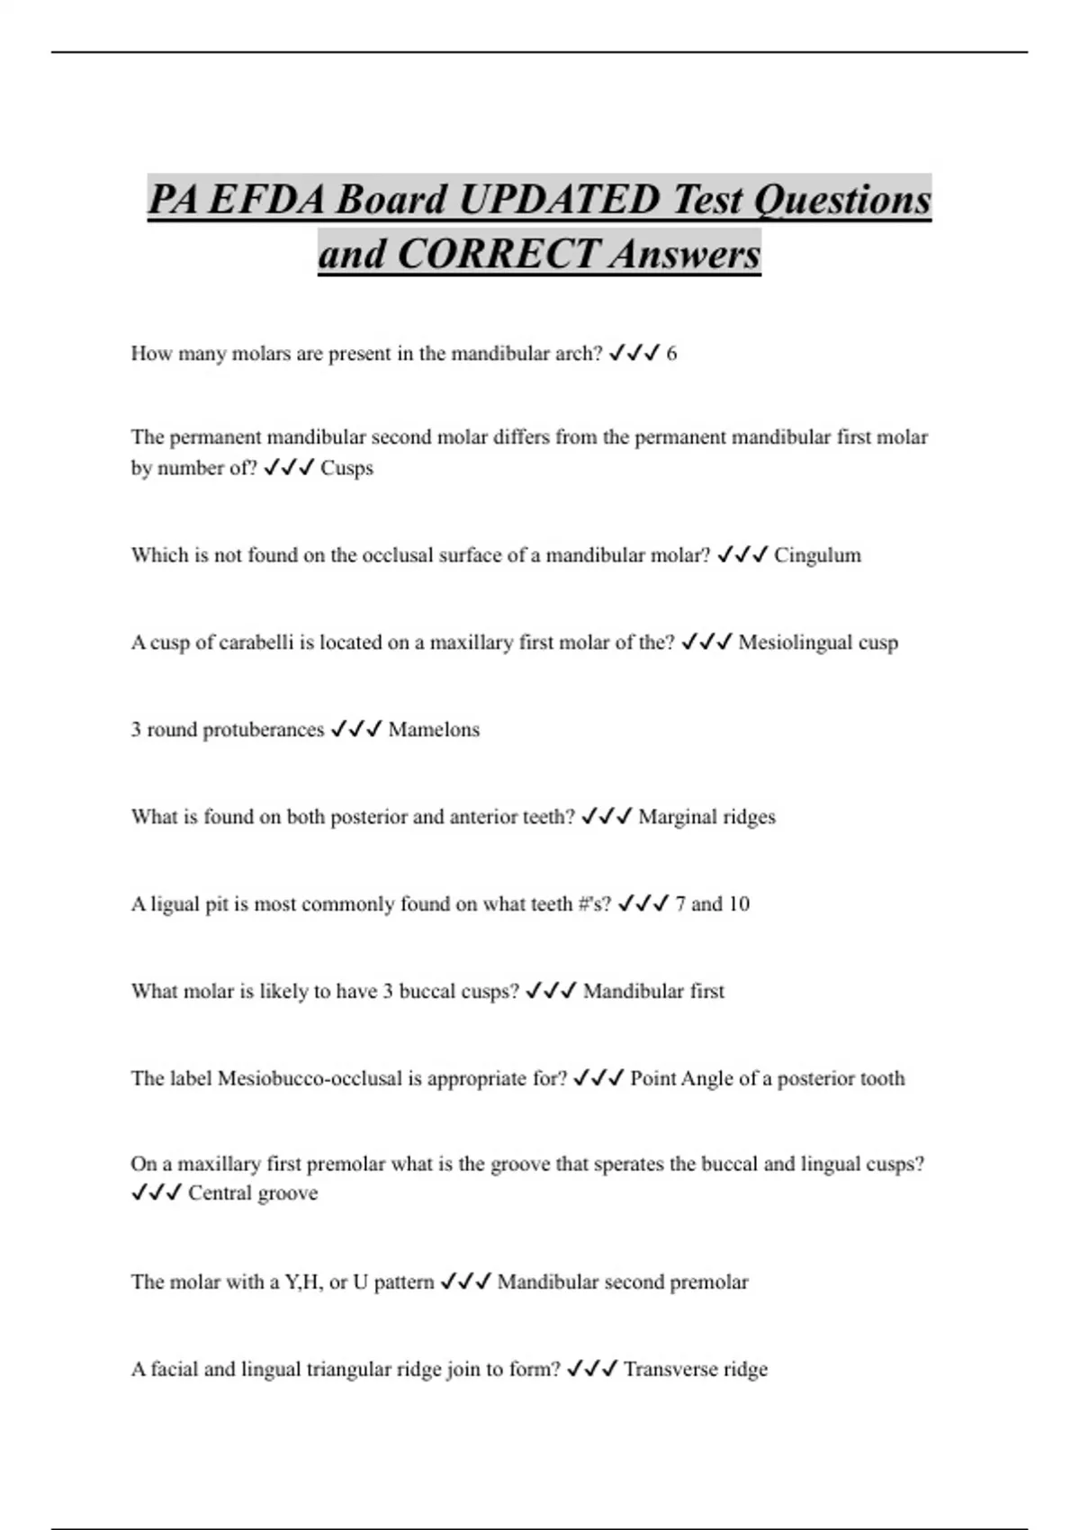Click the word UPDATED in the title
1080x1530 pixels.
[560, 199]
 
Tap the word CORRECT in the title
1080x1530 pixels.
[499, 253]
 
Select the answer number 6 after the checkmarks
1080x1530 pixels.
[671, 354]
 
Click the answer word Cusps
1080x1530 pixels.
[346, 468]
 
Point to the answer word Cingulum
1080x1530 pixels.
[817, 555]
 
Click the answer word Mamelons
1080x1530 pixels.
[434, 730]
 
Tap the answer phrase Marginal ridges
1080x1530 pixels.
[706, 817]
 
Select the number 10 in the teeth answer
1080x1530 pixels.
[738, 904]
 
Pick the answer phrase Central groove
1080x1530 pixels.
[253, 1193]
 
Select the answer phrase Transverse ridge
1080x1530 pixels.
[696, 1370]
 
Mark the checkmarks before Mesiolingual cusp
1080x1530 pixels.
[706, 643]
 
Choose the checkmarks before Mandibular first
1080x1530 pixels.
[550, 991]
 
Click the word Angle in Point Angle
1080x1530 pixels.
[706, 1078]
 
